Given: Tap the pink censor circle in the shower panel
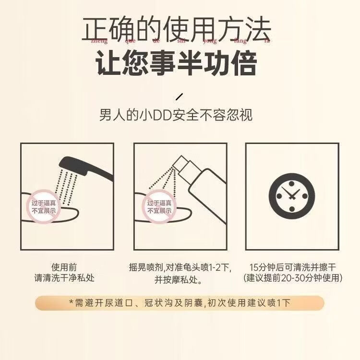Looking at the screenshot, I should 44,207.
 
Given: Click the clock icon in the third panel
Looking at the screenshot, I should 292,197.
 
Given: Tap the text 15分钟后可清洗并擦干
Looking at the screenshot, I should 292,267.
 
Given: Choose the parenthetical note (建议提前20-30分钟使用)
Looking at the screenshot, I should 292,278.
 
